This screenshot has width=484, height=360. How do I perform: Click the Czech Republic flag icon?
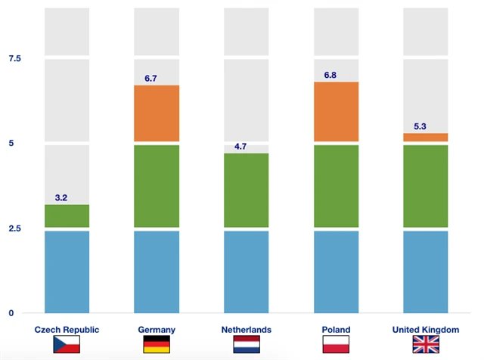click(67, 346)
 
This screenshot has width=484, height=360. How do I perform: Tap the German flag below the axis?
click(157, 346)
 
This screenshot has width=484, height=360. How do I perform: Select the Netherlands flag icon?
click(247, 346)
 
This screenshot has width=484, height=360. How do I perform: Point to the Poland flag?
click(336, 346)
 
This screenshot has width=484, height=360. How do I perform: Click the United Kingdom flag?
click(426, 346)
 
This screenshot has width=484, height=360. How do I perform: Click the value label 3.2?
click(61, 198)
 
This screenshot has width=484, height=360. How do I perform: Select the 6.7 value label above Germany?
click(151, 79)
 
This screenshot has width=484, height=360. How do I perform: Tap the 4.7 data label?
click(240, 147)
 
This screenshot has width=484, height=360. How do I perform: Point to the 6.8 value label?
click(330, 76)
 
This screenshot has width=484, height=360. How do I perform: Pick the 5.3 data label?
click(420, 127)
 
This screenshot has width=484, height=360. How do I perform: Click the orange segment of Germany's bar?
click(157, 113)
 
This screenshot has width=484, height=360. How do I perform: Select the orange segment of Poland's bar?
click(336, 111)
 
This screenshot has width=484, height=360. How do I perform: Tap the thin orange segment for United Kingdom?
click(426, 137)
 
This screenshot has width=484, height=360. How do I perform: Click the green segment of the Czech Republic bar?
click(67, 216)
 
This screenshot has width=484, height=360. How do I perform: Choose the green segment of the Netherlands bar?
click(247, 190)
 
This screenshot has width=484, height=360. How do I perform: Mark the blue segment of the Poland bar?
click(336, 272)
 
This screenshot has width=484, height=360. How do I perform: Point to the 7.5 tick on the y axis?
click(14, 59)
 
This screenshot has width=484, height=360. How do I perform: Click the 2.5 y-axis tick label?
click(14, 228)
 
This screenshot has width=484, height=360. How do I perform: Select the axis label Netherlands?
click(247, 330)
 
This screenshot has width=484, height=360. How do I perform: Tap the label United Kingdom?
click(426, 330)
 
